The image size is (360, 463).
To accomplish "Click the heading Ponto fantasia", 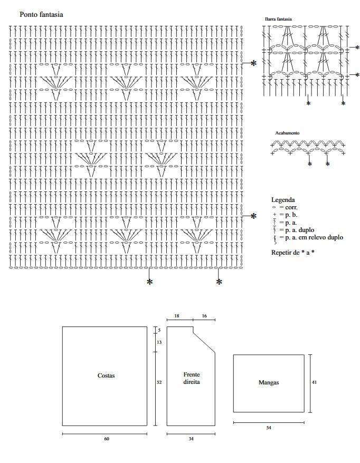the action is [x=41, y=14].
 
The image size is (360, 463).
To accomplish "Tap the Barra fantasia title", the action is [x=278, y=19].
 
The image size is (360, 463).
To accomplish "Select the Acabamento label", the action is [x=287, y=133].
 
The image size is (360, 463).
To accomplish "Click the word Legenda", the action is [x=283, y=200].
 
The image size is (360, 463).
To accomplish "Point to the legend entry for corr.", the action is [x=285, y=207].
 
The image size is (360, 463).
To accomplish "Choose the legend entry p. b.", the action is [x=285, y=215].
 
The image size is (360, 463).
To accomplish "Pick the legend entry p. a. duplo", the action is [x=292, y=230].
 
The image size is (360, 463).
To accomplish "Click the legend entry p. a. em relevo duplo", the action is [x=307, y=237].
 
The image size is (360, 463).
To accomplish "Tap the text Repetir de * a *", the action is [x=292, y=253].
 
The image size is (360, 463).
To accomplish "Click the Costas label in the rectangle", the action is [x=106, y=375].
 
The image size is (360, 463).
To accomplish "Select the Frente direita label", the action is [x=192, y=378].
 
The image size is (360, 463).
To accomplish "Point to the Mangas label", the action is [x=269, y=382].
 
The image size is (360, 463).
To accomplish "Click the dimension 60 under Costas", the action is [x=107, y=439].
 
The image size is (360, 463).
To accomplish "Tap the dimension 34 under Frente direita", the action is [x=191, y=439].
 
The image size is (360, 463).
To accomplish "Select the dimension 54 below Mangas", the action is [x=269, y=428].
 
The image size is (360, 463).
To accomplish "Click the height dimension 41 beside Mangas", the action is [x=314, y=382].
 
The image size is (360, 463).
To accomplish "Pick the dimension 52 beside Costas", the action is [x=159, y=382].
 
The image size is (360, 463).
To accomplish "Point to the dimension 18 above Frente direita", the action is [x=177, y=316].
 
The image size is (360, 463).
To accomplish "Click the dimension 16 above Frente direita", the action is [x=204, y=316].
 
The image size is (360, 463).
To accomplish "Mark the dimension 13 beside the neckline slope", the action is [x=159, y=342].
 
